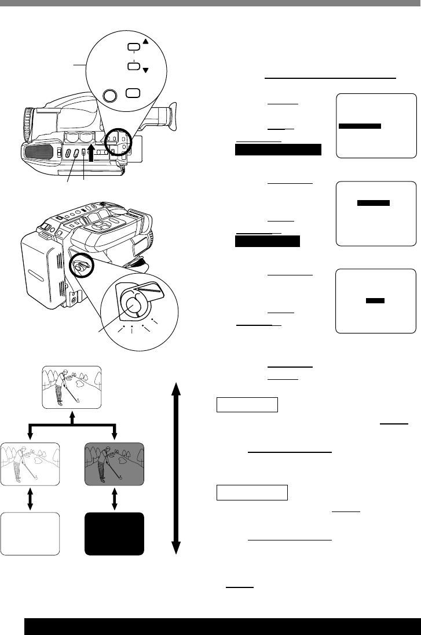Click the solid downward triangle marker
[x=145, y=71]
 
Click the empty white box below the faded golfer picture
[x=30, y=534]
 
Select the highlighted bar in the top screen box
[x=359, y=126]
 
